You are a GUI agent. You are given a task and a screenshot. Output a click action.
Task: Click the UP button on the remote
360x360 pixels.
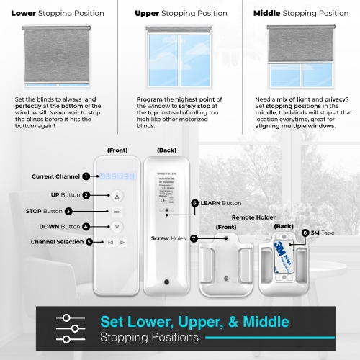coord(118,195)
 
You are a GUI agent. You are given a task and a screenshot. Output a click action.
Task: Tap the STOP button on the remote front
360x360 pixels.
coord(118,211)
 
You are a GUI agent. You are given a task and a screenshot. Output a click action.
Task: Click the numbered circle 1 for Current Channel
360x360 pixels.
coord(85,176)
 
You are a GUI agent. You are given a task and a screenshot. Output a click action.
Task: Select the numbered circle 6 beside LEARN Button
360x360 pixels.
coord(194,204)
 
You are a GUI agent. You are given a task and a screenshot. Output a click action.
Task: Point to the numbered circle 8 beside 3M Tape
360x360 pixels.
coord(305,233)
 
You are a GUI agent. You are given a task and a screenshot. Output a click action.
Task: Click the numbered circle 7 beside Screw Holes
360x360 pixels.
coord(194,238)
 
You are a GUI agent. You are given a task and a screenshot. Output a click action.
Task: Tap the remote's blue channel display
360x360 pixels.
coord(117,176)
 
